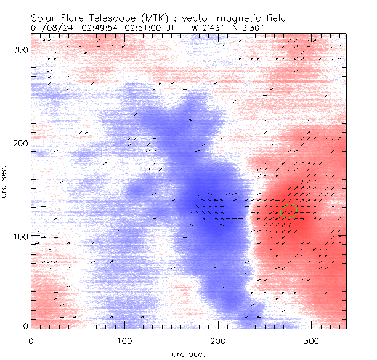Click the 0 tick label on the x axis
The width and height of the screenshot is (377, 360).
31,340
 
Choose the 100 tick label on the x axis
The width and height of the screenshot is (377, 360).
124,340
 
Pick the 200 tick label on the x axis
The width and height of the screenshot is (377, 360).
218,340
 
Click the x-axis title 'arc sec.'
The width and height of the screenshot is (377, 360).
188,354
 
